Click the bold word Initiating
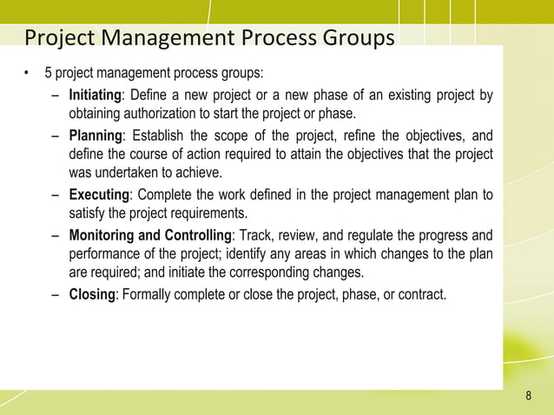[96, 95]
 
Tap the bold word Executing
[99, 194]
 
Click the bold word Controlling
[195, 234]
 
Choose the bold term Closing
[91, 294]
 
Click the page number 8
[528, 397]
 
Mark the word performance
[107, 254]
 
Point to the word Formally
[149, 294]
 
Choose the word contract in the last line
[421, 294]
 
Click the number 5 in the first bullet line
[60, 71]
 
